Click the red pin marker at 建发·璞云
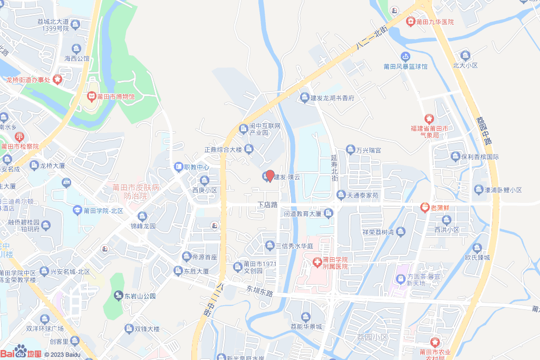269,176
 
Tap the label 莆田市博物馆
116,97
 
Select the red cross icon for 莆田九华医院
411,22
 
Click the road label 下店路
267,204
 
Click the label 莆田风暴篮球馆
406,67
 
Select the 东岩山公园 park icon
119,296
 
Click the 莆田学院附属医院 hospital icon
317,262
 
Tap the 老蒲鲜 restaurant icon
425,207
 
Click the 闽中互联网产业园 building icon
244,129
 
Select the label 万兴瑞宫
368,151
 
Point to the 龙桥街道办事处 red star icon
57,80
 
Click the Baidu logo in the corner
21,352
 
